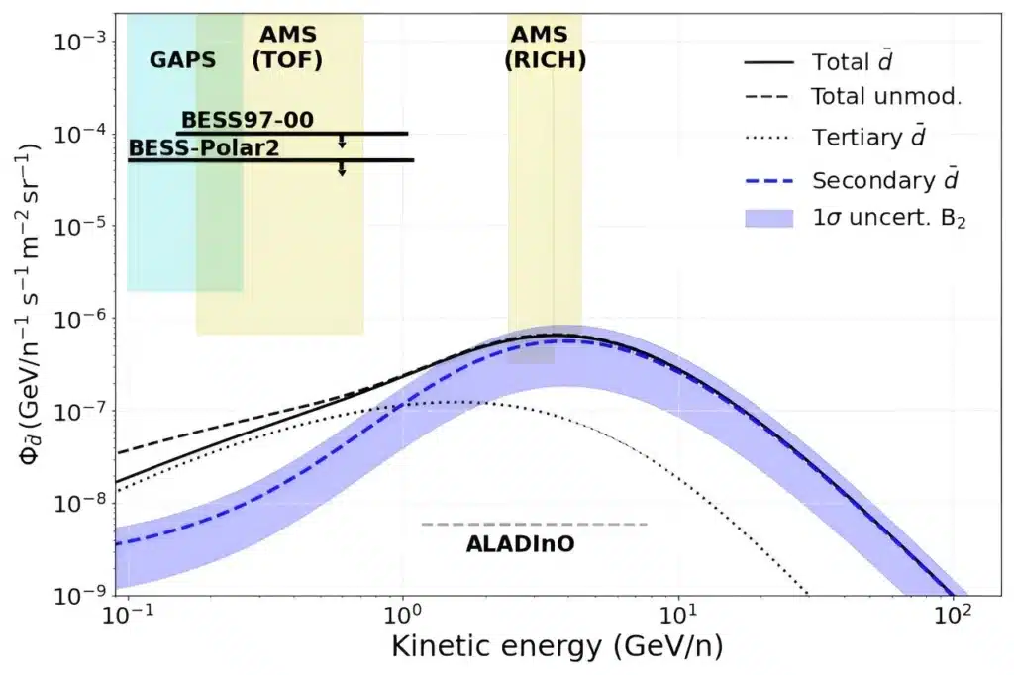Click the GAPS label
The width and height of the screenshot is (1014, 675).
coord(182,60)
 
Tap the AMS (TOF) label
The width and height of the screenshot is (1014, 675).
coord(287,48)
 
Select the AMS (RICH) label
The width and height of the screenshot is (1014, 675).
coord(546,48)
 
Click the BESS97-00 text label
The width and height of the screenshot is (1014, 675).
coord(247,120)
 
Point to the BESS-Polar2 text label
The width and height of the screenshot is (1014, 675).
coord(204,148)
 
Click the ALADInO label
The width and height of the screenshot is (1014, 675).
coord(520,544)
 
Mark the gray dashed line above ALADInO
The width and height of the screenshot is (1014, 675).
coord(534,524)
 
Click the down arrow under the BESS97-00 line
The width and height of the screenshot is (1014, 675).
coord(342,142)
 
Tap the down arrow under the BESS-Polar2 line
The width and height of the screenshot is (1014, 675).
coord(342,168)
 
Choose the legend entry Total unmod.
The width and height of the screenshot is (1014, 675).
coord(854,96)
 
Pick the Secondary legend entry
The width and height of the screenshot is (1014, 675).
coord(852,180)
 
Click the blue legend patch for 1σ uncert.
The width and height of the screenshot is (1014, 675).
coord(768,218)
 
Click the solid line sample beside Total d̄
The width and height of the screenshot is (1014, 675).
coord(768,62)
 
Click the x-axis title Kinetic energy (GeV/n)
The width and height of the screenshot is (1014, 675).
coord(557,646)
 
